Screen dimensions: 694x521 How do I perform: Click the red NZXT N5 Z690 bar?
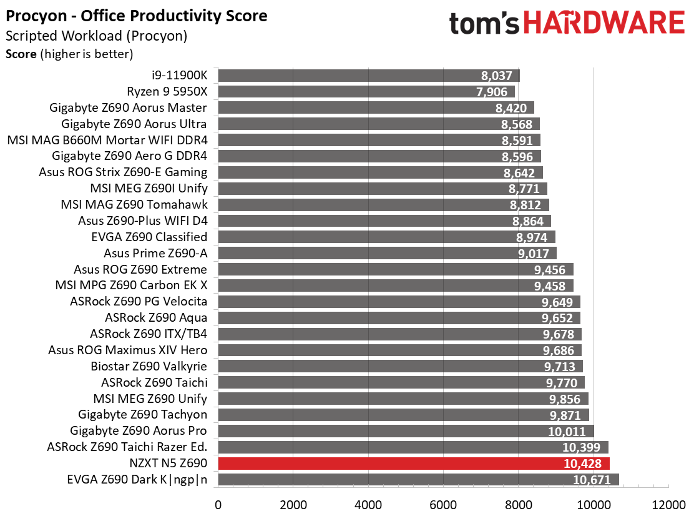coord(414,464)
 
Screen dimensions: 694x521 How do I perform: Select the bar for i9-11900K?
coord(369,76)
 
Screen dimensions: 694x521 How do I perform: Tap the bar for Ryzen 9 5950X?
coord(366,92)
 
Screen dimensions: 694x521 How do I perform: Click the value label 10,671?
coord(592,480)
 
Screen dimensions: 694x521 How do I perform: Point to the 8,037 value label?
coord(497,76)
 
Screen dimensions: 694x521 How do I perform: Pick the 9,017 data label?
coord(534,254)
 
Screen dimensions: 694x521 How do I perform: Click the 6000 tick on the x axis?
coord(444,505)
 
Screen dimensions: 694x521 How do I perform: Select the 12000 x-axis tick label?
coord(668,505)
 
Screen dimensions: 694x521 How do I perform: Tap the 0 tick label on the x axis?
coord(218,505)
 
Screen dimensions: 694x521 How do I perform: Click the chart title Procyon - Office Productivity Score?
coord(136,16)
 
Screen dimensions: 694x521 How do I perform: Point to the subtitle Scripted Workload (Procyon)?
coord(97,36)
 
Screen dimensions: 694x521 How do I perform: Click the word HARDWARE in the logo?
coord(605,22)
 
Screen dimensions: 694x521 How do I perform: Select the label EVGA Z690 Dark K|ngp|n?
coord(137,480)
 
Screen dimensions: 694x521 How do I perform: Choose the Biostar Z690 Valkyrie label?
coord(149,366)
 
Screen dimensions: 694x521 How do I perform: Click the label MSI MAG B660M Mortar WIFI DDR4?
coord(107,140)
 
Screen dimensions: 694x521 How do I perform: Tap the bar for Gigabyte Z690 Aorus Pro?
coord(406,431)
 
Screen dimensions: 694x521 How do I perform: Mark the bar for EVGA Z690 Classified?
coord(387,237)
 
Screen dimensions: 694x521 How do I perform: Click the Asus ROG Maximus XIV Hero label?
coord(128,350)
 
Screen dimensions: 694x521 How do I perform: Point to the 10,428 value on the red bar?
coord(582,464)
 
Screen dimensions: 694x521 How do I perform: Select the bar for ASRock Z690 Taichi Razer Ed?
coord(413,447)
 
